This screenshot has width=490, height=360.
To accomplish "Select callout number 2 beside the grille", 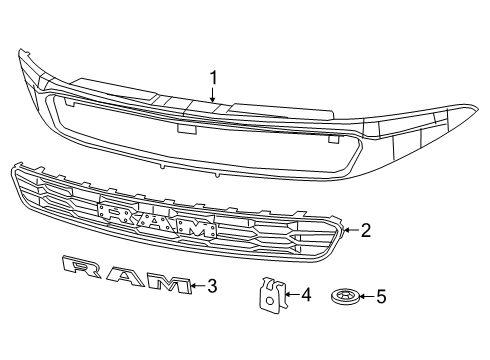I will click(x=365, y=231).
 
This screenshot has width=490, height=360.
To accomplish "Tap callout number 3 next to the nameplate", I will click(x=212, y=288).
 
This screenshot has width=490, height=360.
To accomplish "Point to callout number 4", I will click(x=306, y=295).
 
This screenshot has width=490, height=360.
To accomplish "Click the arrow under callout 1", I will click(x=212, y=95).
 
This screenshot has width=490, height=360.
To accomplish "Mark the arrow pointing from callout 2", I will click(x=349, y=231).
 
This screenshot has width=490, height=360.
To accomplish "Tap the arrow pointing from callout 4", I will click(x=291, y=295).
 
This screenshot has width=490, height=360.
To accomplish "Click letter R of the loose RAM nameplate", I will click(x=80, y=266).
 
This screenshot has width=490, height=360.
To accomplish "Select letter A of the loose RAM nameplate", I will click(x=123, y=277).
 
